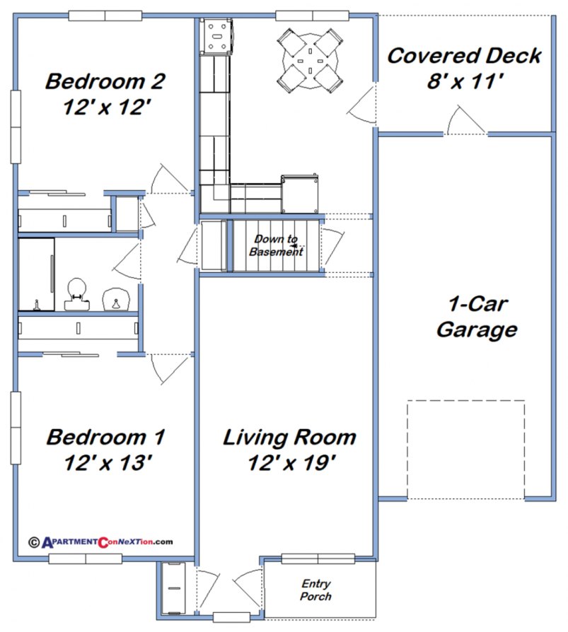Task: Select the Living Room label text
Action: pos(289,438)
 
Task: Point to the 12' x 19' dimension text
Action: pos(289,464)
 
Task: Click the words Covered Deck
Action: pos(464,56)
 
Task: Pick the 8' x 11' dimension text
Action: pos(464,81)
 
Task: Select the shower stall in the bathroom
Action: pos(36,274)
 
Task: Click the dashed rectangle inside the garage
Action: pos(465,450)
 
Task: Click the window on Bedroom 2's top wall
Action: pos(105,16)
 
